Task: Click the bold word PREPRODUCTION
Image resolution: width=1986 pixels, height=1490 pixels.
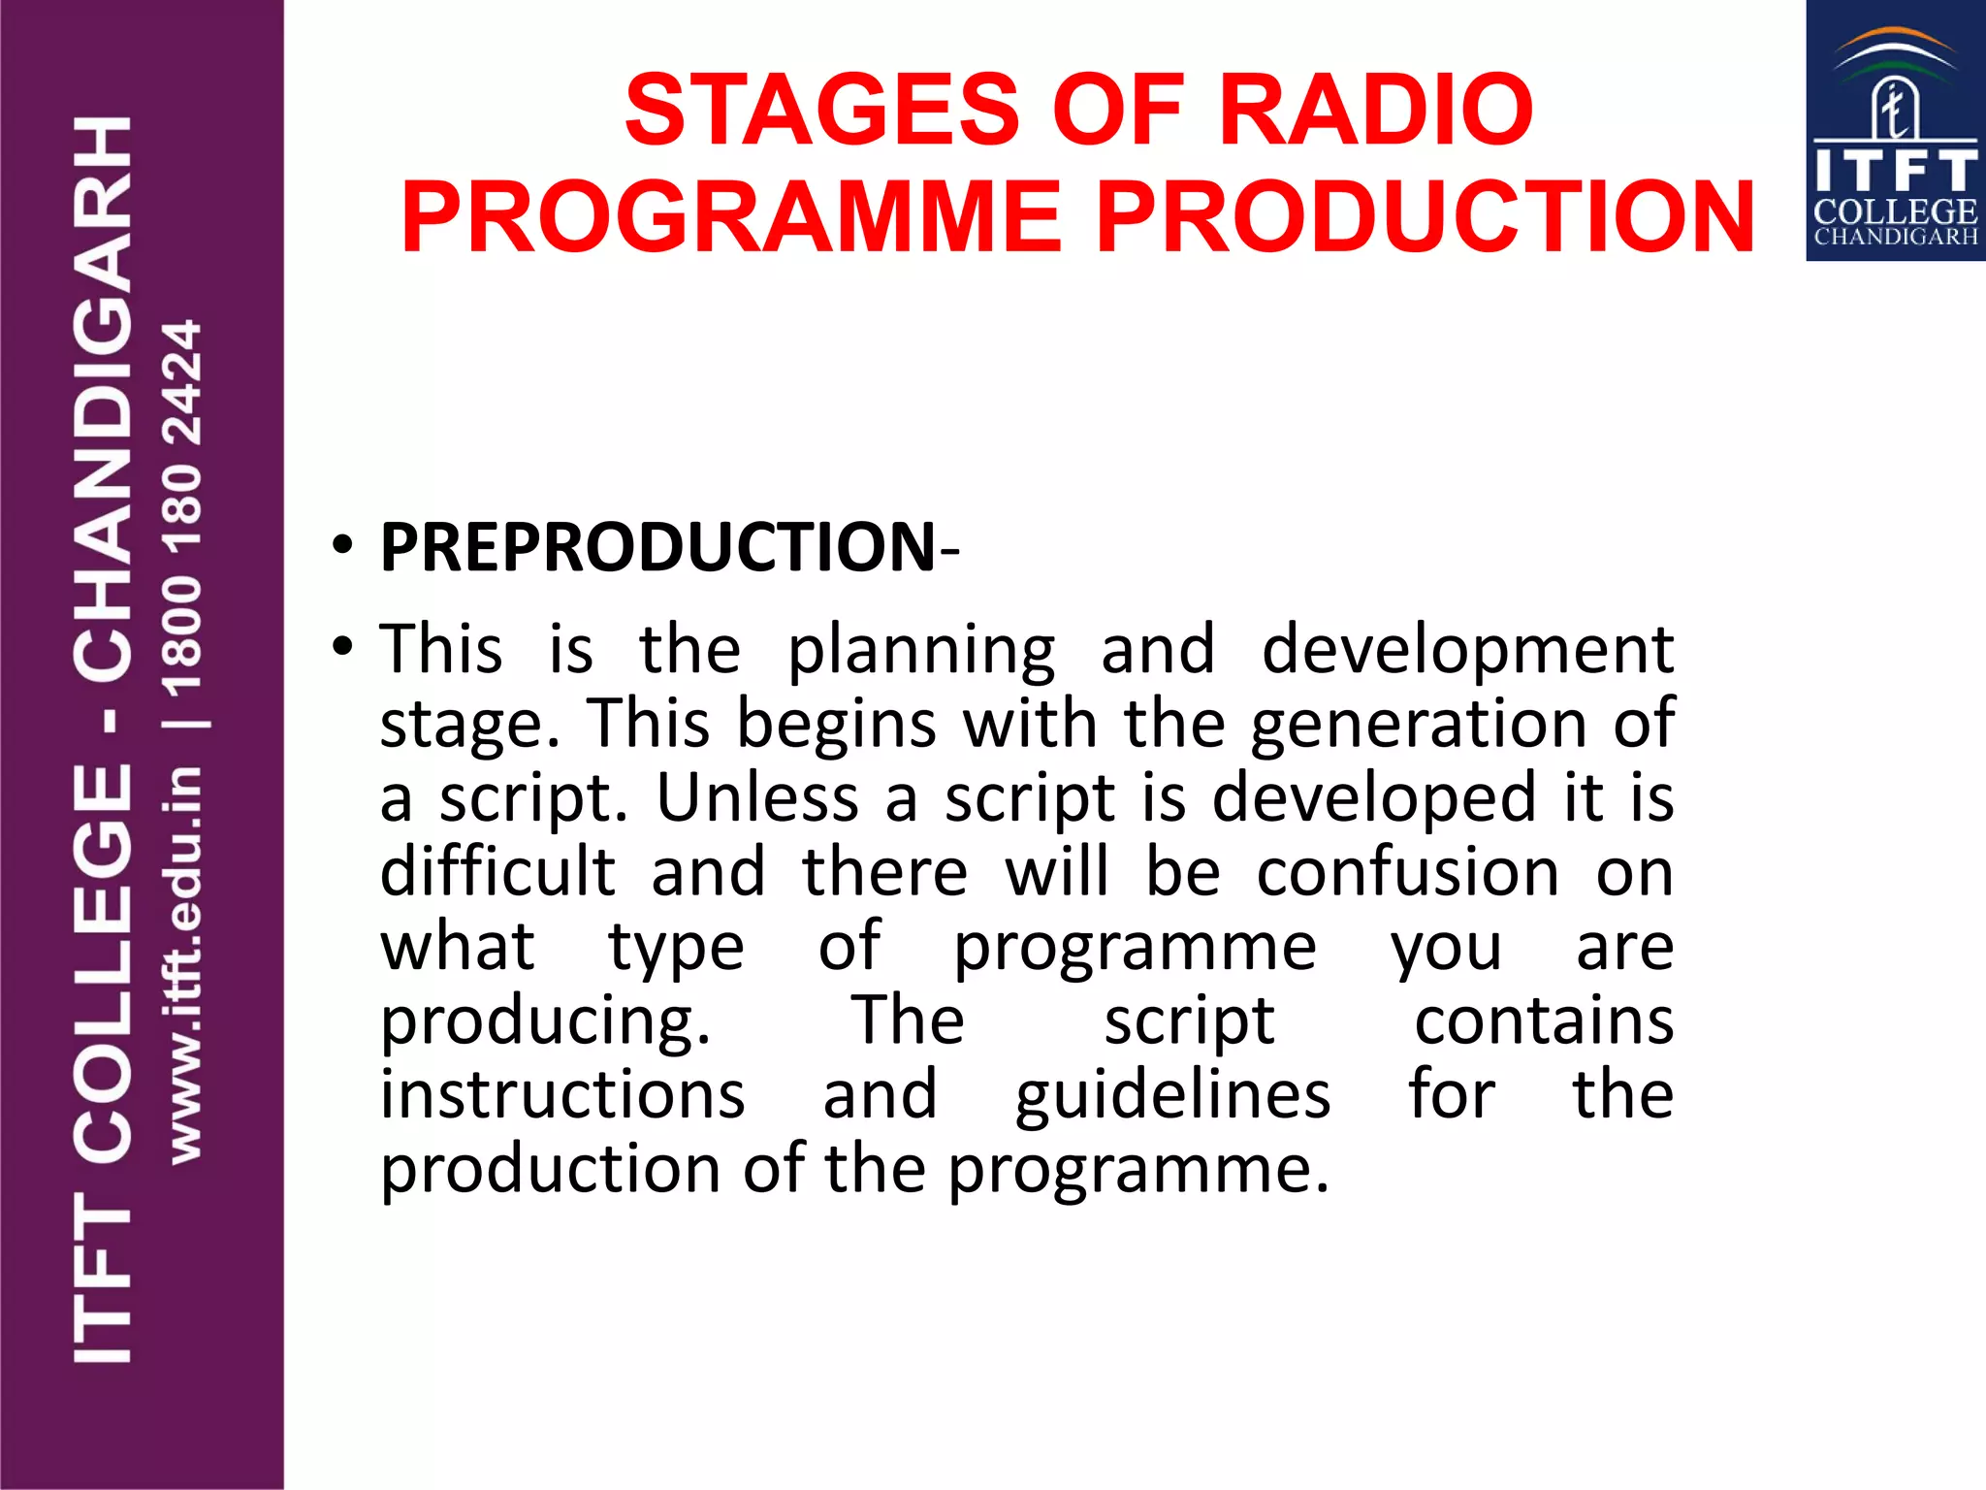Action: (x=658, y=547)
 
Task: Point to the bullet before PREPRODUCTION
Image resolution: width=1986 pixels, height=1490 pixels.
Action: (x=341, y=546)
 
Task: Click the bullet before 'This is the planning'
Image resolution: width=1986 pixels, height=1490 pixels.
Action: (x=341, y=645)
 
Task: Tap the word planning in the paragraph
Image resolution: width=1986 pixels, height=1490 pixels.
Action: (x=920, y=650)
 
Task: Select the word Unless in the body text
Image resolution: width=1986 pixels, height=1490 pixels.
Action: (x=757, y=798)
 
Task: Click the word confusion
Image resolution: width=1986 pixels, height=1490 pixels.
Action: (x=1408, y=872)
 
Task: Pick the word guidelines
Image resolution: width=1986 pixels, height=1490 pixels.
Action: (x=1172, y=1095)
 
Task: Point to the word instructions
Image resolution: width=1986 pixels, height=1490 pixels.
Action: (x=562, y=1095)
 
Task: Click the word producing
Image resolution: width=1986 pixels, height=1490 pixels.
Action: (x=545, y=1021)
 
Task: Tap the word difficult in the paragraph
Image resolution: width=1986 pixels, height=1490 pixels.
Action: (x=497, y=872)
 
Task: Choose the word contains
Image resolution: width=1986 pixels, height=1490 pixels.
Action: (x=1543, y=1021)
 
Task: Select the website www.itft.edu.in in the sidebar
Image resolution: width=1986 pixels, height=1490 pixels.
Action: (x=184, y=965)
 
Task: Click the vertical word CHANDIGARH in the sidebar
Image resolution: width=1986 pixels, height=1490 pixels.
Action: (x=103, y=398)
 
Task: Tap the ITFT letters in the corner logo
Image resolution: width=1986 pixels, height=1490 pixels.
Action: (x=1895, y=171)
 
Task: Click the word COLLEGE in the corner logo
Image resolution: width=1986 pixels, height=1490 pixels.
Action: (x=1895, y=211)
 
